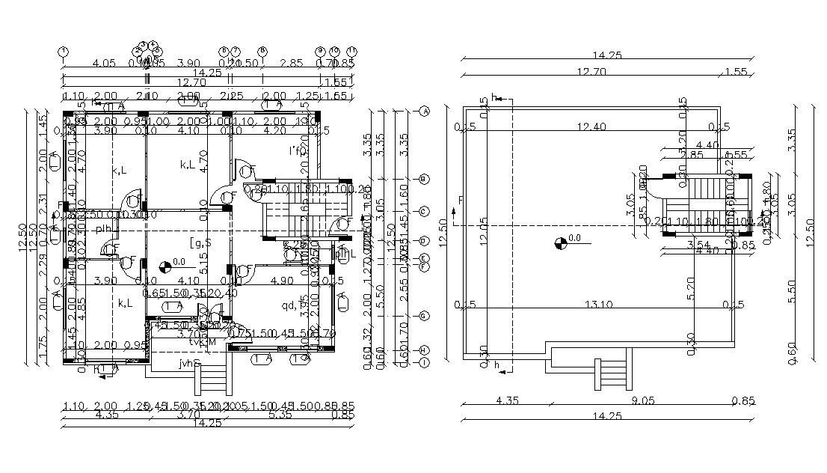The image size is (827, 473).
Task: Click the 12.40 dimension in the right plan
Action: (591, 126)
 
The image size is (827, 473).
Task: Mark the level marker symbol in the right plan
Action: (560, 242)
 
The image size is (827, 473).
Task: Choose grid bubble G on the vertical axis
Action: (424, 317)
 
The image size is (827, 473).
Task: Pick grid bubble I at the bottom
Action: (424, 363)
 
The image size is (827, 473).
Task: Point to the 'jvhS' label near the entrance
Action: (190, 364)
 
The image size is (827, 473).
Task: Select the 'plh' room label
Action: (103, 229)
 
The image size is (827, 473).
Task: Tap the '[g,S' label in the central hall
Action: (200, 241)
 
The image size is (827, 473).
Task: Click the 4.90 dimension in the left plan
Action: (281, 281)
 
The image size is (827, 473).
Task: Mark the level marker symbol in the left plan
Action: (165, 263)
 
